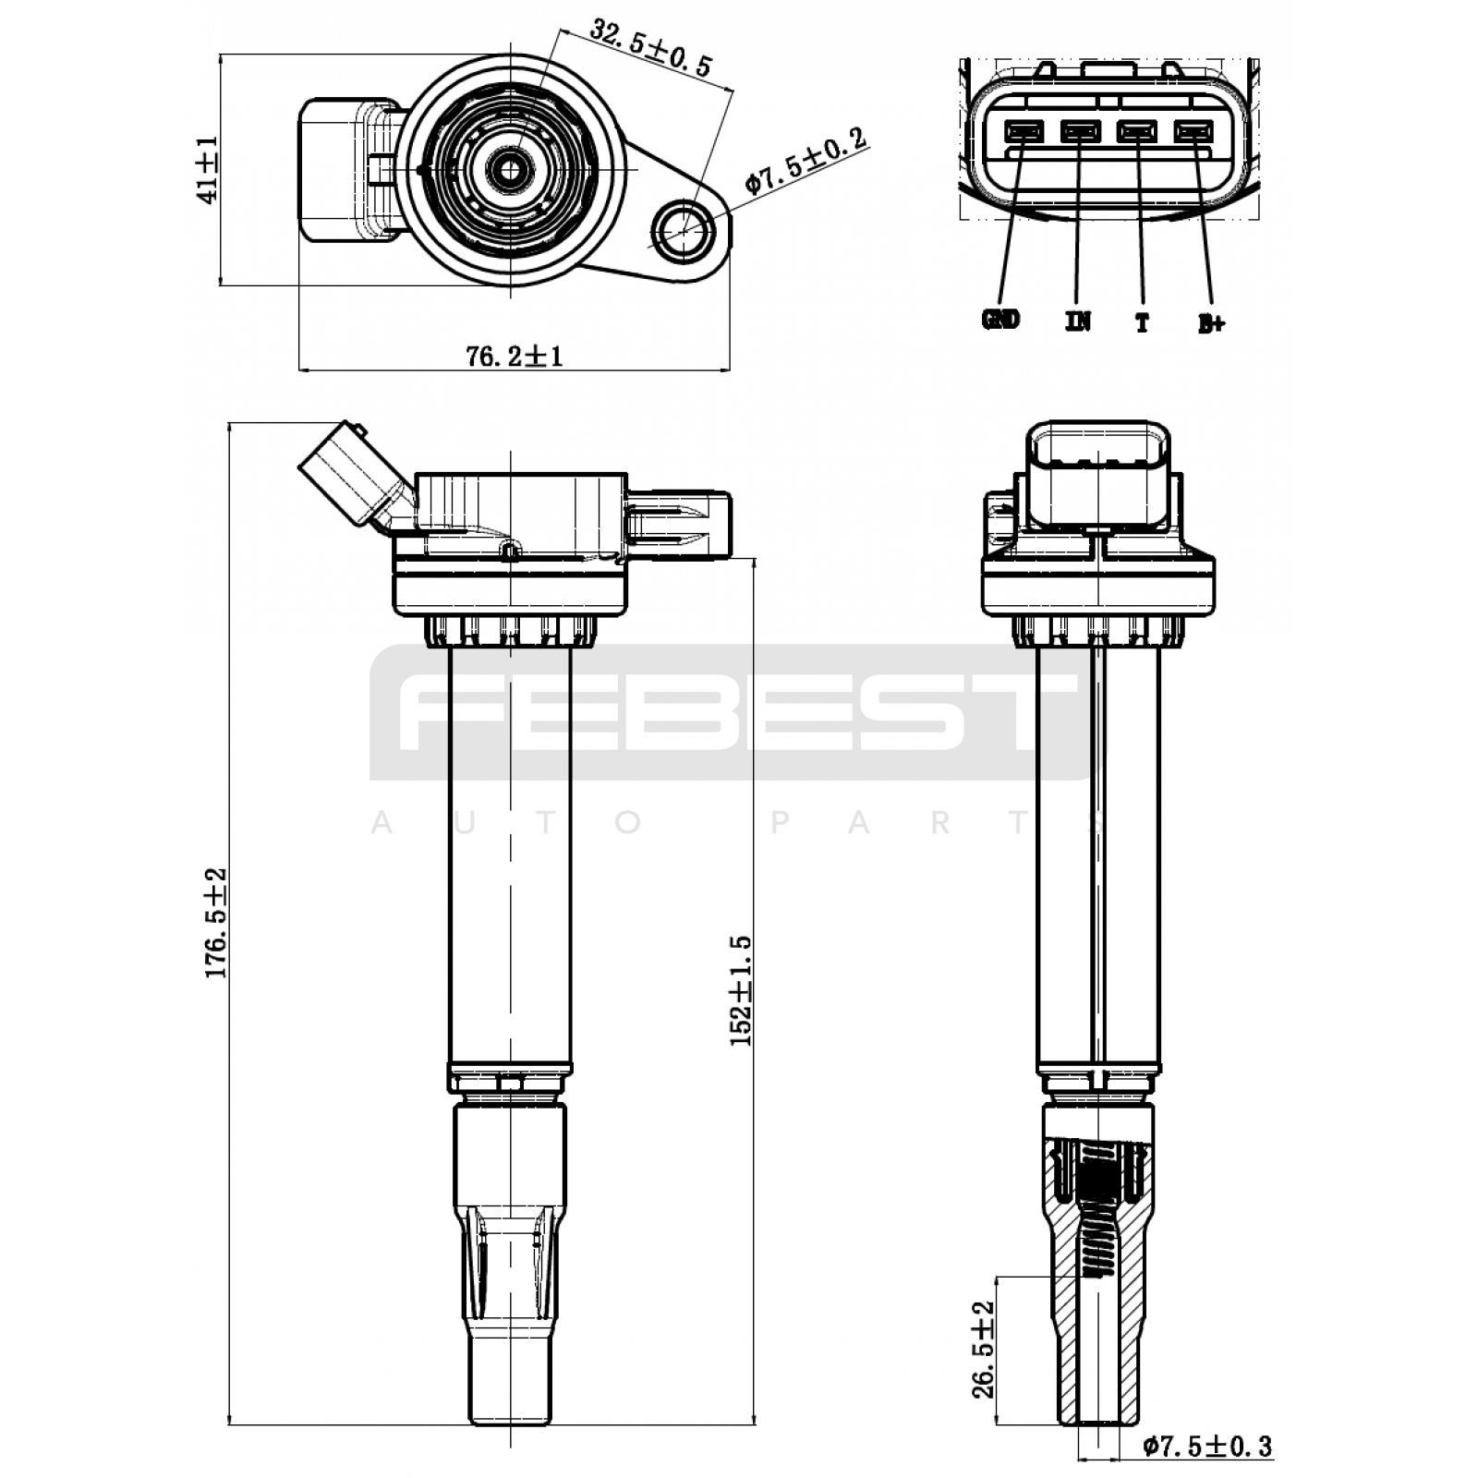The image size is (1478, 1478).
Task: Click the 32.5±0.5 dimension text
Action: (651, 47)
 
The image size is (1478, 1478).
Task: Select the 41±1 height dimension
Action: (207, 169)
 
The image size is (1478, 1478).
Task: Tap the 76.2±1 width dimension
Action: (515, 356)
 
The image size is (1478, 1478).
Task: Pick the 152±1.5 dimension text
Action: (742, 990)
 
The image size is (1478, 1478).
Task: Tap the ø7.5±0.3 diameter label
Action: (1207, 1446)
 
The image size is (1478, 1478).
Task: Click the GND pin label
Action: (1000, 320)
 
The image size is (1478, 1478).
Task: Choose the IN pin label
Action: (1078, 321)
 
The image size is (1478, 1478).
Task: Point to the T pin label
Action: (1143, 322)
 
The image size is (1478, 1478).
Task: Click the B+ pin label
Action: (1211, 323)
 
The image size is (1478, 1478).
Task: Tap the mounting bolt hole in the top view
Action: (684, 226)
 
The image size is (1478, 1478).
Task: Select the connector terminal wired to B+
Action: (1193, 131)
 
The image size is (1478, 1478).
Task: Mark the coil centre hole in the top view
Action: (509, 168)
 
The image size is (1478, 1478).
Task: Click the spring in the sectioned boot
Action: (1098, 1211)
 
